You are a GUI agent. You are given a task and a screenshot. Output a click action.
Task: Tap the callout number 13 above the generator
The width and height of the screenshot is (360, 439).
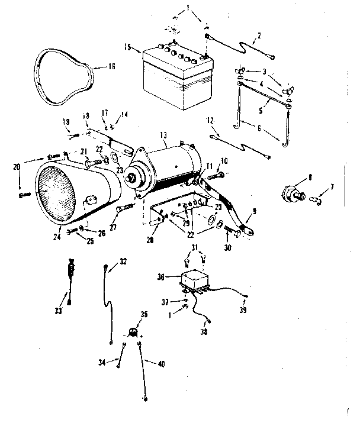click(x=164, y=135)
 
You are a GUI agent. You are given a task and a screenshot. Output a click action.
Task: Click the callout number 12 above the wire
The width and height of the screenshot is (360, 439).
click(x=210, y=121)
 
